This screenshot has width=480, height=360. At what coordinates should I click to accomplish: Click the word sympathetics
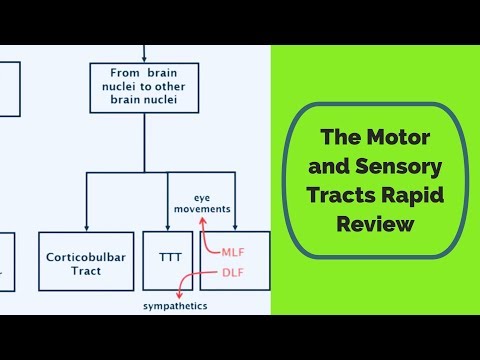175,307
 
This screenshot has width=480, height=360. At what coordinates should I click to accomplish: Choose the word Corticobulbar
85,256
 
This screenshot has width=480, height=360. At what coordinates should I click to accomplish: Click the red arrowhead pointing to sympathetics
178,296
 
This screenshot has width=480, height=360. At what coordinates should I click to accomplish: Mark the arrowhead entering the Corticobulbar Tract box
85,229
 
